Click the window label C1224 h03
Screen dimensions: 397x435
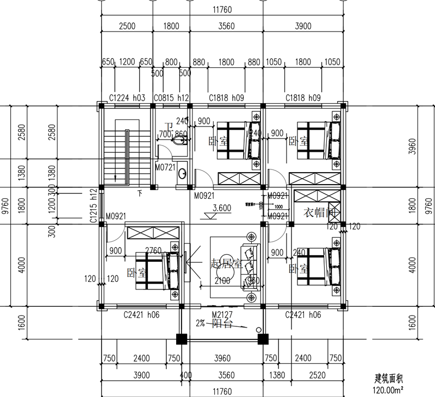tap(127, 98)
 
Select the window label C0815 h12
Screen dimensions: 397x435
tap(171, 98)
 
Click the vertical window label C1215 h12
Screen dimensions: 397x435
tap(94, 206)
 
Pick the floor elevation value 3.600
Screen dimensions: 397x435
tap(222, 207)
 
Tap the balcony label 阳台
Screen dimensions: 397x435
tap(221, 324)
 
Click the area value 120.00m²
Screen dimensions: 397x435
tap(387, 389)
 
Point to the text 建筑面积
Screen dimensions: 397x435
tap(387, 379)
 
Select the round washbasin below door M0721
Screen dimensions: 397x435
tap(182, 174)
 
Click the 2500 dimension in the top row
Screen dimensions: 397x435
tap(126, 26)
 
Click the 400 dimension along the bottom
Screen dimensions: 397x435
tap(186, 375)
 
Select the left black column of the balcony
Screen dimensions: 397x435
tap(182, 339)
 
